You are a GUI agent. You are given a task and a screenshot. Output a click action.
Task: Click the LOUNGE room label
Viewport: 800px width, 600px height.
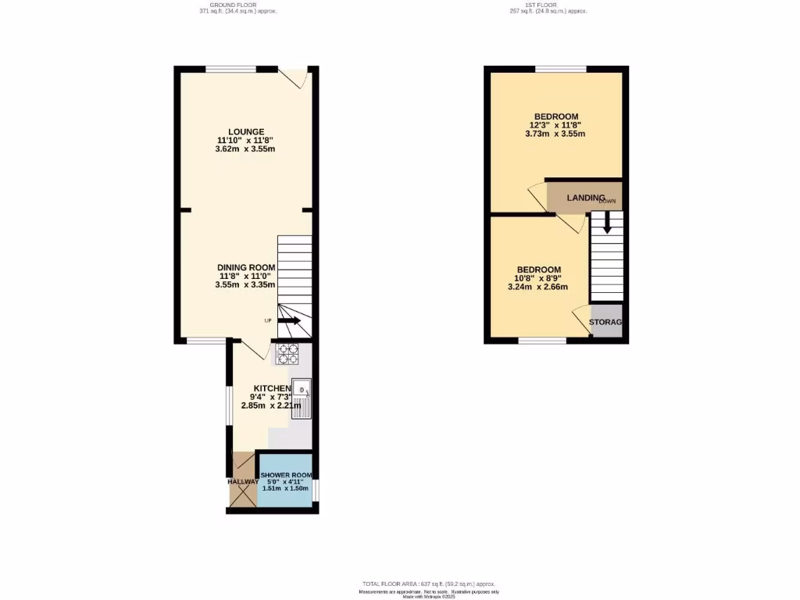(246, 131)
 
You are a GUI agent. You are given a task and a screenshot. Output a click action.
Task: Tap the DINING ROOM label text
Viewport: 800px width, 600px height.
(246, 267)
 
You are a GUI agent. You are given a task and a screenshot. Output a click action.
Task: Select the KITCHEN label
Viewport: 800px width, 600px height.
(272, 388)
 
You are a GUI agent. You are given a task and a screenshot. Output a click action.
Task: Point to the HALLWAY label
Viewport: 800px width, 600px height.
(242, 482)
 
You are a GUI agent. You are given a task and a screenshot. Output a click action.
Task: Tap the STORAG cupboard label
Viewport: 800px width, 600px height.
(605, 322)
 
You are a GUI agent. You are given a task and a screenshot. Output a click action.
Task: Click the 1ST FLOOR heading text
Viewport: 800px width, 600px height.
(548, 5)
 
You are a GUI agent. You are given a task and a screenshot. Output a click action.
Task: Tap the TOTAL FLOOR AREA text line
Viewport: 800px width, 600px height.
(428, 584)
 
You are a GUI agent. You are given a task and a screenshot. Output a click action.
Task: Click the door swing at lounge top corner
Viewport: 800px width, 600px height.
(295, 78)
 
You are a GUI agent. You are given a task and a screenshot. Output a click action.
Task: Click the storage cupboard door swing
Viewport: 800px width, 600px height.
(581, 321)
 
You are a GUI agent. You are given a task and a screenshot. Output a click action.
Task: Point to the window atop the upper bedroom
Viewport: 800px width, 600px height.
(561, 69)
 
